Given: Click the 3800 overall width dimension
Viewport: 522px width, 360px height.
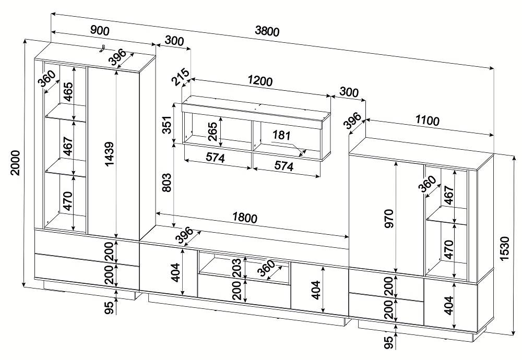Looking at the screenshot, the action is pyautogui.click(x=267, y=31).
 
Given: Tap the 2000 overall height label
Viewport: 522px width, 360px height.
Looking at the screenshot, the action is pyautogui.click(x=15, y=163).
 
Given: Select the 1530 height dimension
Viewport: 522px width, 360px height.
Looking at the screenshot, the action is pyautogui.click(x=505, y=249).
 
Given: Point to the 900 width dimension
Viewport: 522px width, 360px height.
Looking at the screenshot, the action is pyautogui.click(x=100, y=31).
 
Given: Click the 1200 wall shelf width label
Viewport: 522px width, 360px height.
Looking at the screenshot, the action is pyautogui.click(x=260, y=81).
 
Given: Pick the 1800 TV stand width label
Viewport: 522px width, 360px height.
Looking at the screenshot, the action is pyautogui.click(x=245, y=218).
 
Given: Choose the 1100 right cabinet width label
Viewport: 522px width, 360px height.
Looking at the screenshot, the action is pyautogui.click(x=427, y=121).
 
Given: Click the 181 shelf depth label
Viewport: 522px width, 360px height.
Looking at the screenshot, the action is pyautogui.click(x=282, y=136).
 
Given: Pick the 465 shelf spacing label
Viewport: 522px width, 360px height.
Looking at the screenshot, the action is pyautogui.click(x=67, y=91).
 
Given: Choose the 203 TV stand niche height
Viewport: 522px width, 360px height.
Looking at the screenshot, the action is pyautogui.click(x=236, y=268).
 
